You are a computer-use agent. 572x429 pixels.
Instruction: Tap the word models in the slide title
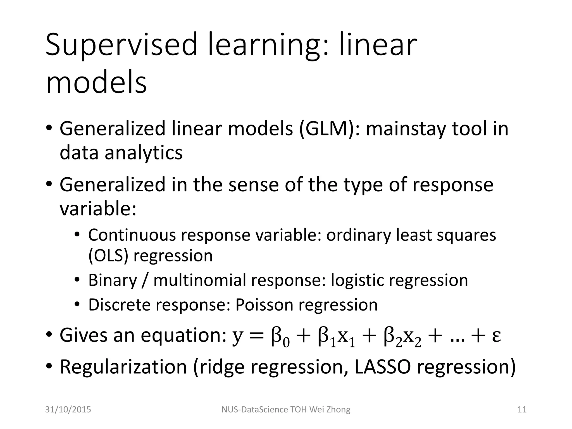point(96,82)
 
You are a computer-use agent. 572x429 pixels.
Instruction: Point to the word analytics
point(144,153)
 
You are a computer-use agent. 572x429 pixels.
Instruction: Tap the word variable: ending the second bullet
point(98,209)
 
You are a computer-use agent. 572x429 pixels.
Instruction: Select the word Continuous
point(132,235)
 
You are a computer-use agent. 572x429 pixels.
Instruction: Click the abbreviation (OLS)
point(108,256)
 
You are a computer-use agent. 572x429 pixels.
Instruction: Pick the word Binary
point(113,280)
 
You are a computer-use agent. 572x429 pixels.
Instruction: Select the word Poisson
point(264,304)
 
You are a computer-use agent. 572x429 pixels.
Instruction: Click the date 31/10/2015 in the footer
point(68,409)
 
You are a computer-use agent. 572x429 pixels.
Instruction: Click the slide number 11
point(522,409)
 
